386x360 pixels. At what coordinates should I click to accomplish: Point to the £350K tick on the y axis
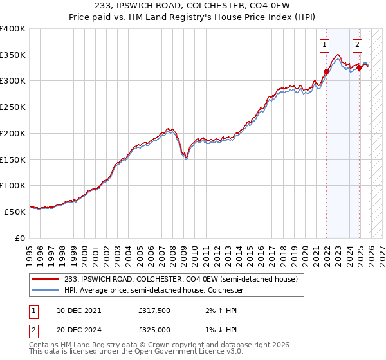(x=13, y=55)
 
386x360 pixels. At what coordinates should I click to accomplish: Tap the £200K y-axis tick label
(x=13, y=133)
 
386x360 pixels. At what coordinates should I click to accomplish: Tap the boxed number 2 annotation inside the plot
(x=357, y=45)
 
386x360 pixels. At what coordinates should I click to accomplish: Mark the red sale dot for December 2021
(x=326, y=72)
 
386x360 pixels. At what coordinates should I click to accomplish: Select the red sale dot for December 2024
(x=359, y=68)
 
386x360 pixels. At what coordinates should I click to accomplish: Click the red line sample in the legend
(x=46, y=280)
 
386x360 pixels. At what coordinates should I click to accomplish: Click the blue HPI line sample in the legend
(x=46, y=291)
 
